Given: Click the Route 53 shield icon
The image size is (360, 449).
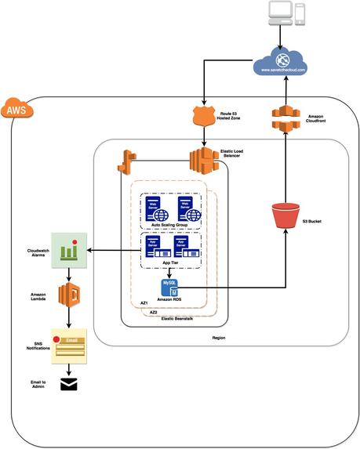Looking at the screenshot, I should tap(202, 117).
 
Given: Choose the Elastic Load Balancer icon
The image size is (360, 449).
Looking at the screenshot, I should tap(202, 160).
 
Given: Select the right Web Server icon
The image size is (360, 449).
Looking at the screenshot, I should tap(185, 210).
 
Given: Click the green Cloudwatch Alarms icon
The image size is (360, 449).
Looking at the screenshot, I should tap(69, 251).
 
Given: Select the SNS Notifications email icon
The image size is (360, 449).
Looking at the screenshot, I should tap(69, 344).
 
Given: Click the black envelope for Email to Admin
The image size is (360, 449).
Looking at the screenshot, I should tap(69, 383).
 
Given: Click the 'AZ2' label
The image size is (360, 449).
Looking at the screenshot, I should tap(153, 311).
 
